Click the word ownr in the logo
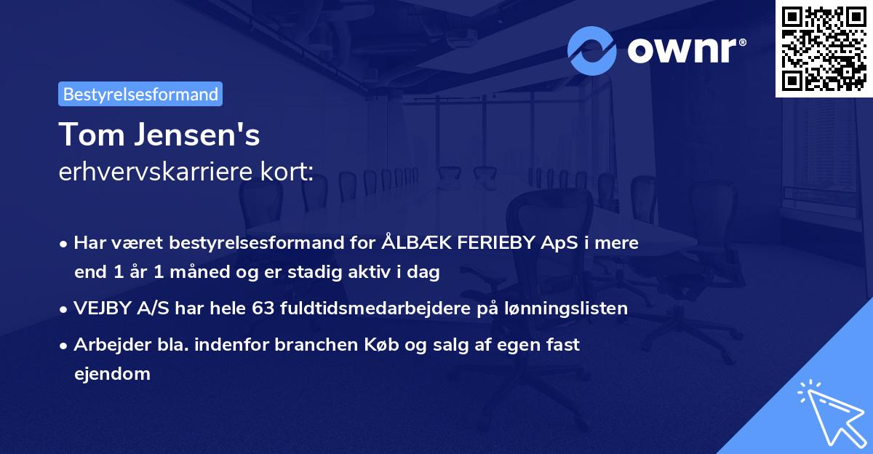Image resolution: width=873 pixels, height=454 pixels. pos(683,50)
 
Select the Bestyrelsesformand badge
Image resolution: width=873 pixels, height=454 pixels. pos(140,94)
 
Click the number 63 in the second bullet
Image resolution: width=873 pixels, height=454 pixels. pos(263,308)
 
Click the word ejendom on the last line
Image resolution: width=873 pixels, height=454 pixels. pos(112,374)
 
